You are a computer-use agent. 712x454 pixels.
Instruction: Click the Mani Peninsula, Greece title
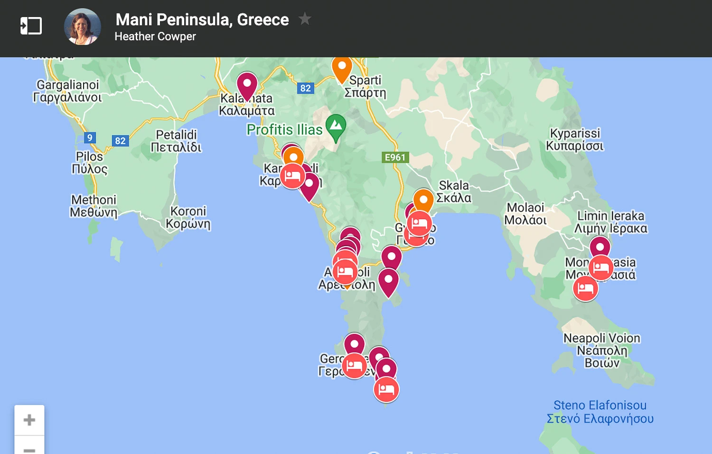(202, 19)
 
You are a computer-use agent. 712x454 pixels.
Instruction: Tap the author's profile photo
(83, 27)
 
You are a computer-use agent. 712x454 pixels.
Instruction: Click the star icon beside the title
(305, 19)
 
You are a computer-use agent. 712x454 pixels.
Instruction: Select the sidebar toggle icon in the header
(31, 26)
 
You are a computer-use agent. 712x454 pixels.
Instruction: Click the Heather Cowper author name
(155, 37)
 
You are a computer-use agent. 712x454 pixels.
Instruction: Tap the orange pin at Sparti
(342, 68)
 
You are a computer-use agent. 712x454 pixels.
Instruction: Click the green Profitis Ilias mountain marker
(336, 126)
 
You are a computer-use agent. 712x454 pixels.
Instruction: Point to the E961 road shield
(395, 158)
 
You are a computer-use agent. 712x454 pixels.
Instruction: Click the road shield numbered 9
(90, 138)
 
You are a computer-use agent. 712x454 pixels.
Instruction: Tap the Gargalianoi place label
(67, 91)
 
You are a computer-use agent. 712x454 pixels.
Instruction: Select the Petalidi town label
(176, 141)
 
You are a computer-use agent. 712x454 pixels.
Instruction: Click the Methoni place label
(94, 206)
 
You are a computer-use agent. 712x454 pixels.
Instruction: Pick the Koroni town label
(188, 217)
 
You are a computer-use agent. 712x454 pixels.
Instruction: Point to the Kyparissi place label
(575, 139)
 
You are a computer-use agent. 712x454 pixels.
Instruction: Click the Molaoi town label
(525, 213)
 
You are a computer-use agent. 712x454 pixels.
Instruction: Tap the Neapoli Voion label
(602, 350)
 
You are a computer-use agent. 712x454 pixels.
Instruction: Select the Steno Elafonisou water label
(600, 412)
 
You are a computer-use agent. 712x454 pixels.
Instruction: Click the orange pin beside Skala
(423, 200)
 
